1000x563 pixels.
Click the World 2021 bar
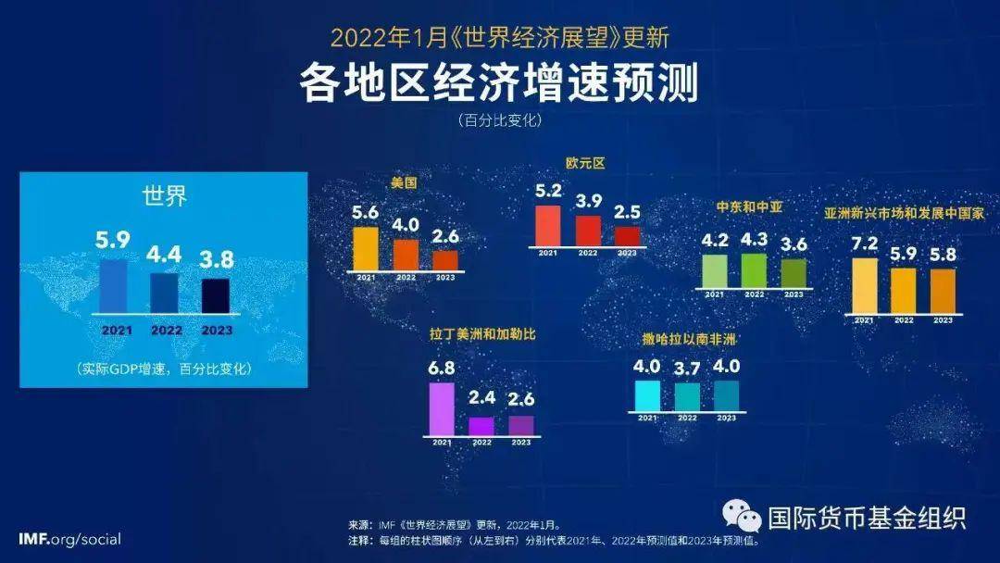pyautogui.click(x=113, y=286)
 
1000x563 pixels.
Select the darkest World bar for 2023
pyautogui.click(x=216, y=295)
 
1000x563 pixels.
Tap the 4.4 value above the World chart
pyautogui.click(x=164, y=252)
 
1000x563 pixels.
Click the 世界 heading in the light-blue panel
pyautogui.click(x=164, y=196)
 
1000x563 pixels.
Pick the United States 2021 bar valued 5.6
pyautogui.click(x=366, y=248)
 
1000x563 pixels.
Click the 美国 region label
pyautogui.click(x=404, y=183)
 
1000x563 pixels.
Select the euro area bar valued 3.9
pyautogui.click(x=588, y=231)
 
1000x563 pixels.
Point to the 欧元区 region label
pyautogui.click(x=585, y=163)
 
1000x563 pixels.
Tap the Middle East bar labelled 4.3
pyautogui.click(x=754, y=269)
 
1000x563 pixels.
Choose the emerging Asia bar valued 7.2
pyautogui.click(x=864, y=286)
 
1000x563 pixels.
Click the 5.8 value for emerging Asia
pyautogui.click(x=943, y=252)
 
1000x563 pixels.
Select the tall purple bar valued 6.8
pyautogui.click(x=443, y=408)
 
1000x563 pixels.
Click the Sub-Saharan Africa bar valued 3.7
pyautogui.click(x=687, y=396)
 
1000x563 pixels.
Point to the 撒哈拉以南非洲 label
pyautogui.click(x=688, y=339)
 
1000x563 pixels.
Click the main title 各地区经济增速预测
pyautogui.click(x=499, y=82)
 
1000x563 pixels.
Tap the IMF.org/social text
pyautogui.click(x=69, y=539)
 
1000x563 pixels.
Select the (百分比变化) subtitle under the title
pyautogui.click(x=499, y=120)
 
